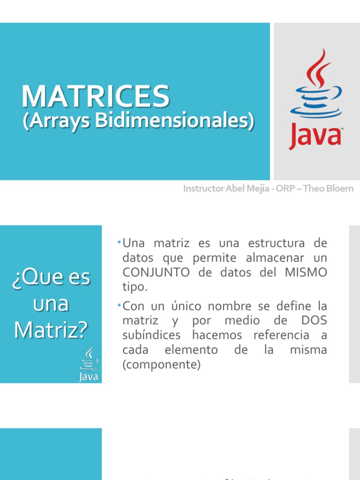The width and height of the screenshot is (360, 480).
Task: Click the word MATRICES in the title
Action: coord(96,96)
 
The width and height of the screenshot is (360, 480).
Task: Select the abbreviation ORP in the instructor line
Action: coord(286,189)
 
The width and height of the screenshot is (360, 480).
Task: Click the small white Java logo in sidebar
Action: coord(89,365)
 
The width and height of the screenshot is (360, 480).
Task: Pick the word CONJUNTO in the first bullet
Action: coord(156,273)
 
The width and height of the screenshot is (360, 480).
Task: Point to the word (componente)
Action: coord(161,365)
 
